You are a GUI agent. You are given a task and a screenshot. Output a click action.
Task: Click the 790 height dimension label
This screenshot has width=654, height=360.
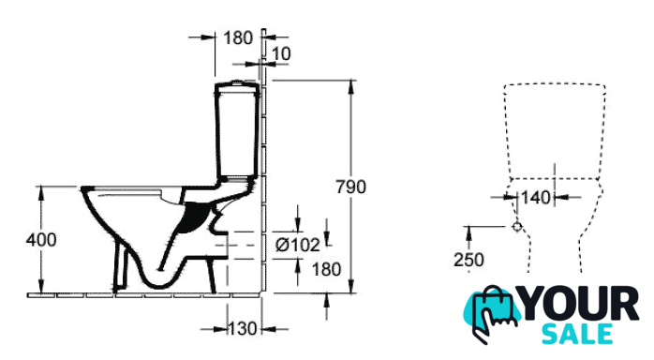click(x=351, y=187)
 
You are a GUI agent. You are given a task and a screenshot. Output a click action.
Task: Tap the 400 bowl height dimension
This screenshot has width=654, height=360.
click(x=41, y=240)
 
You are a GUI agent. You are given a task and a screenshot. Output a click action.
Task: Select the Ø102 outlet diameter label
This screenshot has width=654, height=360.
click(x=297, y=245)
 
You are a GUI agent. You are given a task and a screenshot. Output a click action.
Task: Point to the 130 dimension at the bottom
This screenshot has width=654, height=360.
click(x=243, y=329)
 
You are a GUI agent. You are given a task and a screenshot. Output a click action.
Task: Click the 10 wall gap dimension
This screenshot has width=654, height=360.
click(x=281, y=53)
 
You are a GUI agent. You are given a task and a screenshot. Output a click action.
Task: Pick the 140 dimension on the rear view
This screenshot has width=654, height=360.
click(x=536, y=197)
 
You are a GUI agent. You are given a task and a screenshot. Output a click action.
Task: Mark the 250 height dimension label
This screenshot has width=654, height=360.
click(x=468, y=260)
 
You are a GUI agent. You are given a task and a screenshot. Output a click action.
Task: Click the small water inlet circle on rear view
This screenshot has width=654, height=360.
click(x=517, y=227)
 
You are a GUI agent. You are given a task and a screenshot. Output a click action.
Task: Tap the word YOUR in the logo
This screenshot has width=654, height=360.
click(x=580, y=303)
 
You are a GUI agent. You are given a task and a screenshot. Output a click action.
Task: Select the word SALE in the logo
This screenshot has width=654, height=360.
click(x=577, y=334)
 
